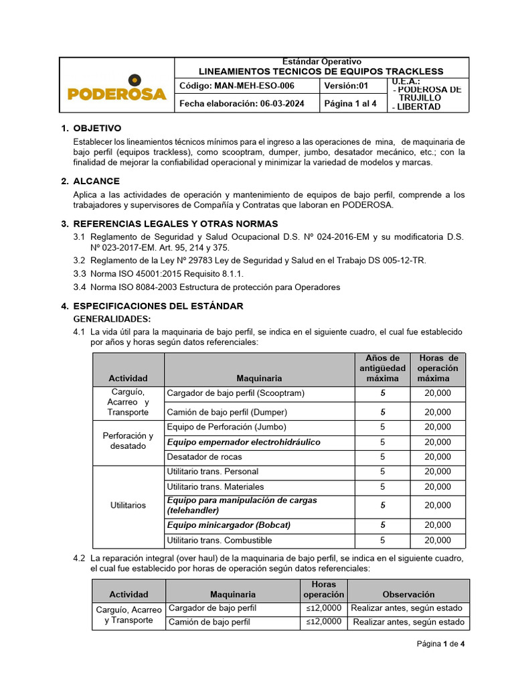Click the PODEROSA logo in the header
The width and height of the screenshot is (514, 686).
click(117, 90)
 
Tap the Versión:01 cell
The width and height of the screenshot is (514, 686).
click(346, 86)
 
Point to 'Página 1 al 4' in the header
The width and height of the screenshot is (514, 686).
click(350, 104)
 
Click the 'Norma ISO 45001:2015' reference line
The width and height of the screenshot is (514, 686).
click(167, 274)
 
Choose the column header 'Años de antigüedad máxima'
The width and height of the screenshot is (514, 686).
click(382, 368)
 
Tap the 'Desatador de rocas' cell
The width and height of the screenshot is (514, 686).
click(204, 457)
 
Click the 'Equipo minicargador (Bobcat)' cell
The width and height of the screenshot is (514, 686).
click(228, 525)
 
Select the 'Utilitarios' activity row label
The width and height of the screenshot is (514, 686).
click(128, 505)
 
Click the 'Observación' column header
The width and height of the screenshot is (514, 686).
click(408, 594)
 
